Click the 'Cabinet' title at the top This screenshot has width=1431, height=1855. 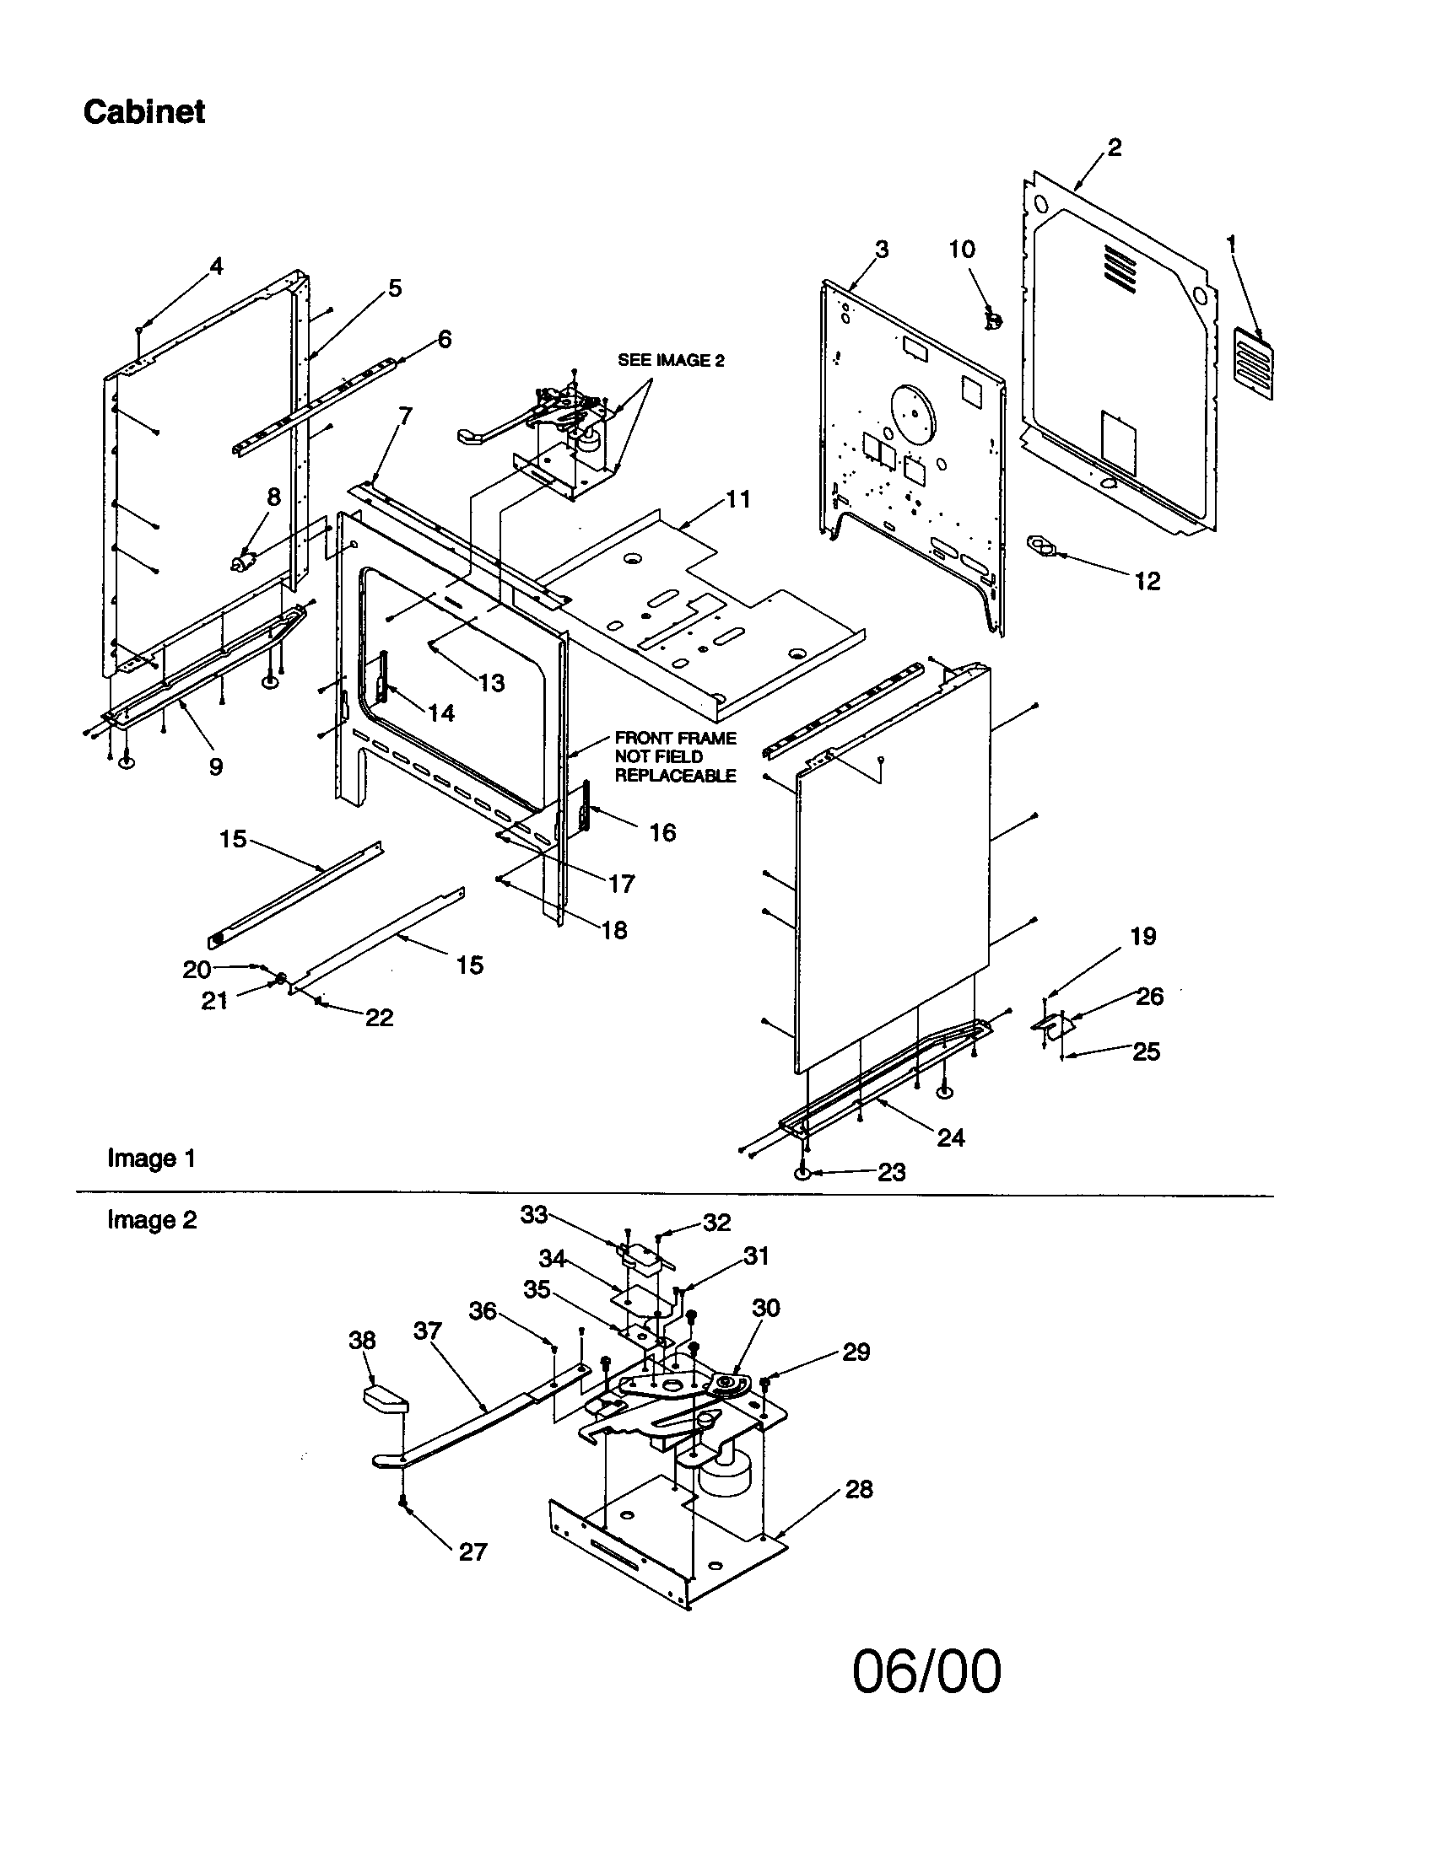(x=143, y=111)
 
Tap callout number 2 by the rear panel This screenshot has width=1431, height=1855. (x=1114, y=148)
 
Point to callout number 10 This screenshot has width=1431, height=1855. (x=962, y=249)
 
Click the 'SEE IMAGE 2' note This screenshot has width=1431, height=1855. (x=671, y=360)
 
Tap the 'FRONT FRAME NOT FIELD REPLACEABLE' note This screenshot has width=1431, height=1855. (x=676, y=757)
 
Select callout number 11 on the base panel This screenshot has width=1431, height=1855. (x=737, y=499)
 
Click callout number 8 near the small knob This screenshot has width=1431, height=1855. (x=273, y=497)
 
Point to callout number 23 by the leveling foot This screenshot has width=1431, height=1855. (x=890, y=1172)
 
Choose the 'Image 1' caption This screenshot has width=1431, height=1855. (x=151, y=1158)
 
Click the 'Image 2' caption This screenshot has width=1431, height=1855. (x=151, y=1220)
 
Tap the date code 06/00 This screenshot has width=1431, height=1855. (x=926, y=1671)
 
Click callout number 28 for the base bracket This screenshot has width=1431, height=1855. (x=858, y=1489)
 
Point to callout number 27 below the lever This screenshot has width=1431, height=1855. (x=472, y=1551)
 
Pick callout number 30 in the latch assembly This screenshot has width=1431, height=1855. (x=764, y=1308)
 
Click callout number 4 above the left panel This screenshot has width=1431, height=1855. (x=216, y=266)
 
